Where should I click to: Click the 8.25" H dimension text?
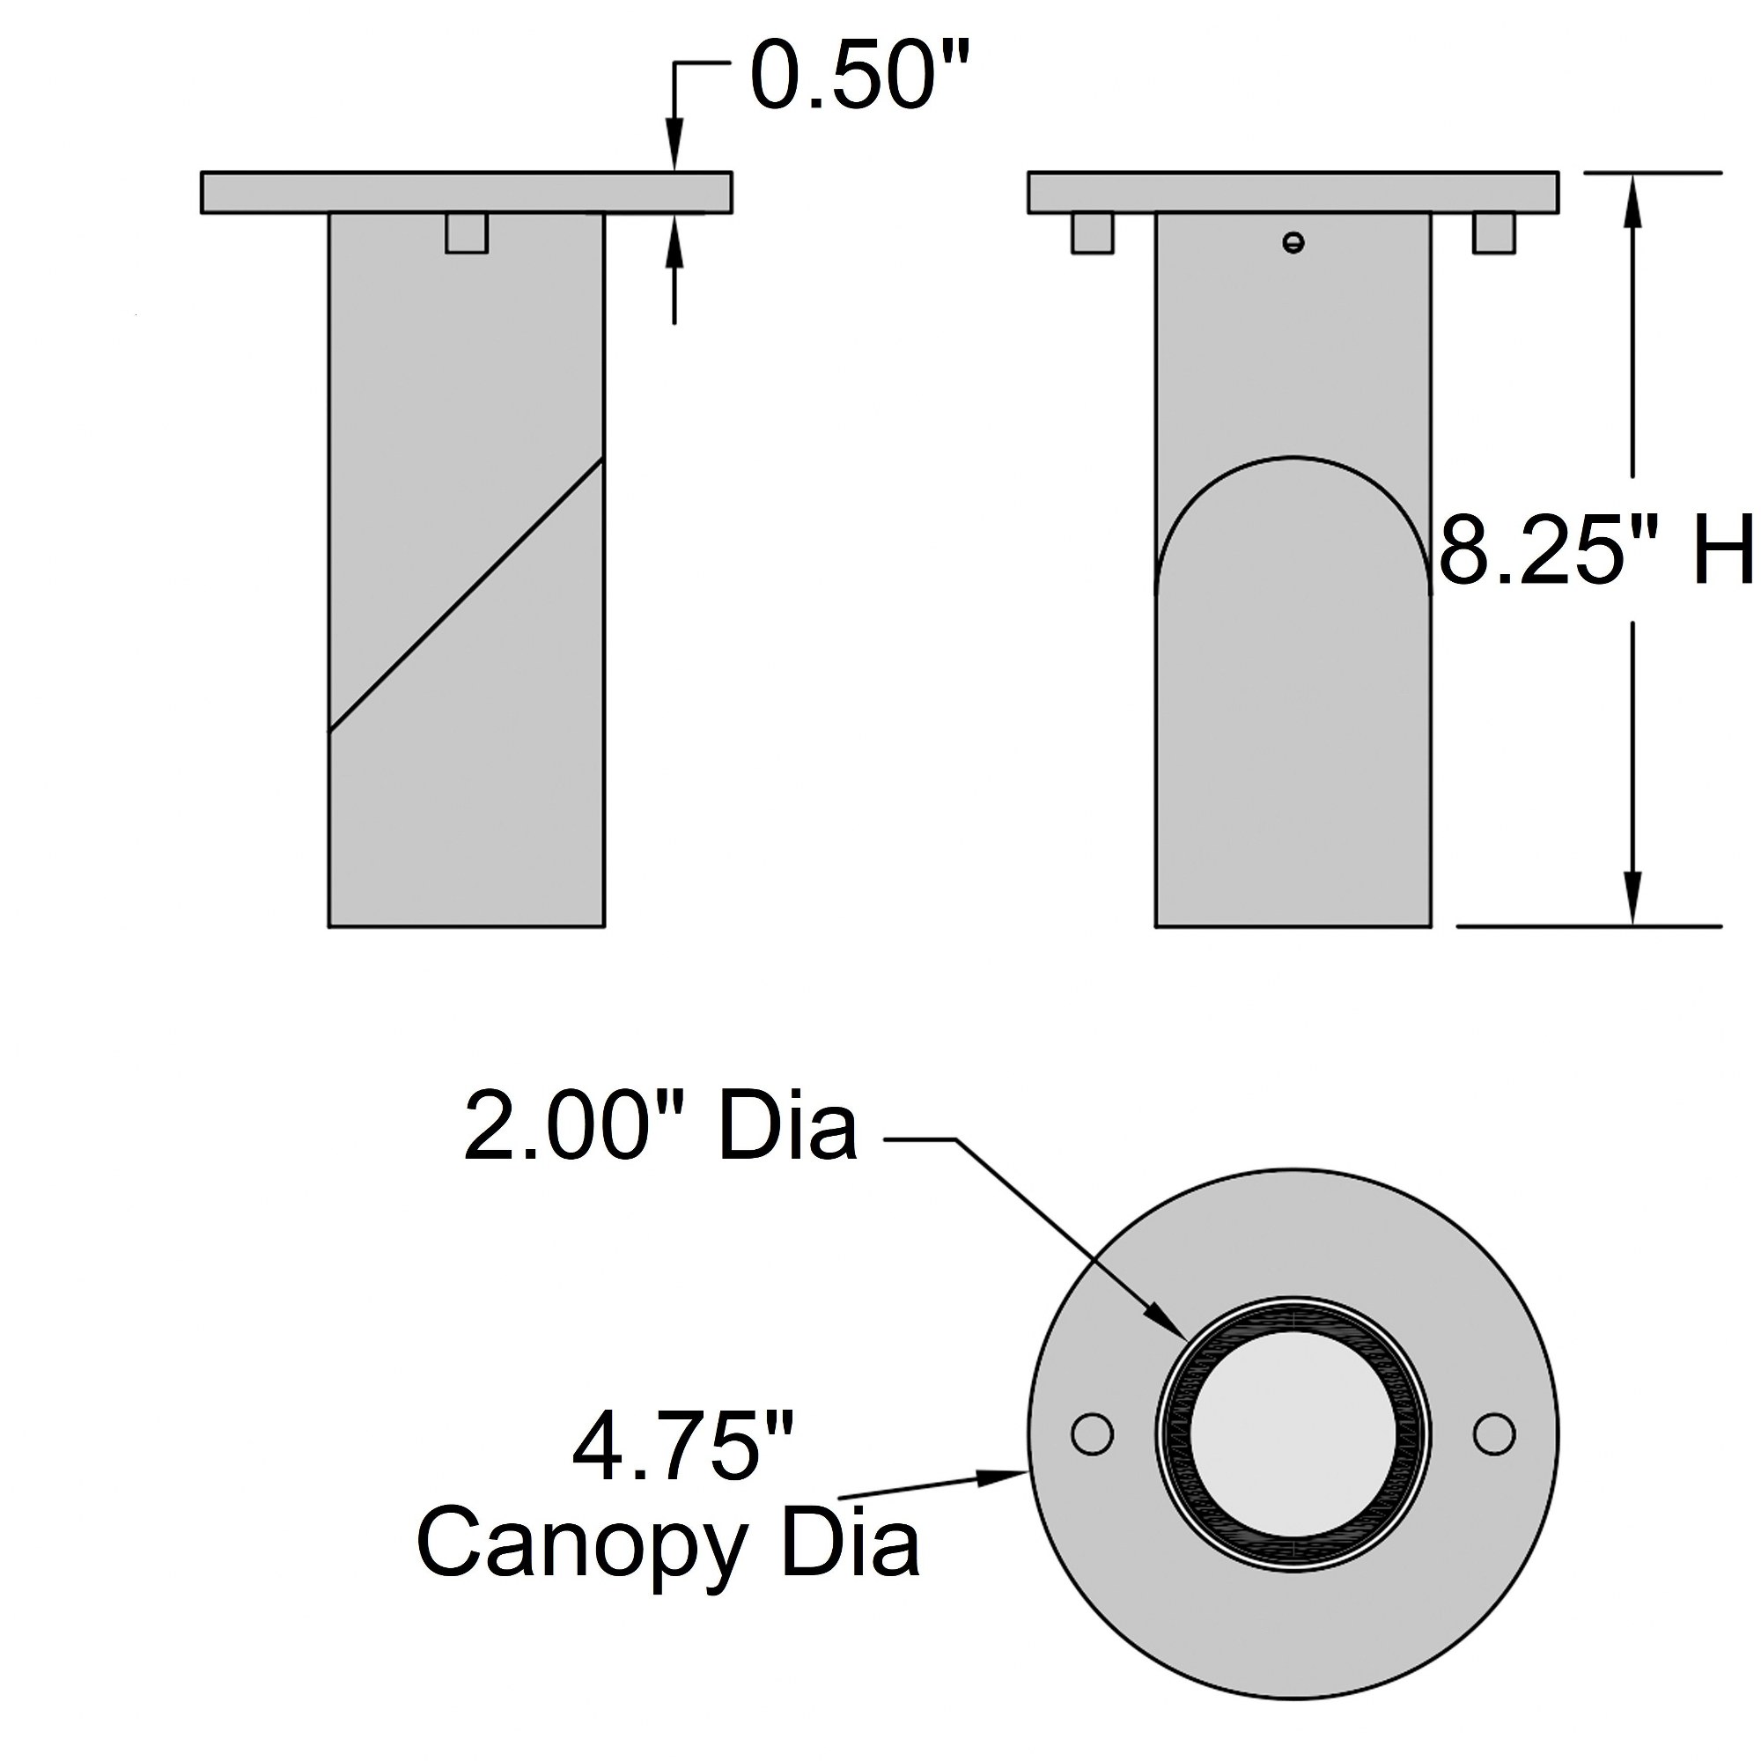coord(1596,549)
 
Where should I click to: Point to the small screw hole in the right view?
coord(1293,242)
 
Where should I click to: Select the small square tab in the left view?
coord(467,232)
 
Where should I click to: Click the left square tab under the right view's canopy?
coord(1092,232)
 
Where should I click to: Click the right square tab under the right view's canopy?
coord(1494,232)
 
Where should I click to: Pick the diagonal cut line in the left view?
coord(466,594)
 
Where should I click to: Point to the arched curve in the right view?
coord(1293,456)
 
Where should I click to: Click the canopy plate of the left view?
coord(466,192)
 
